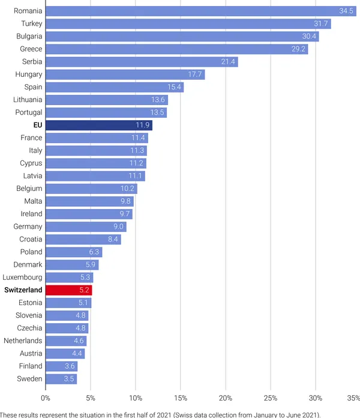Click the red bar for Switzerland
coord(68,290)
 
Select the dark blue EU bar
coord(99,126)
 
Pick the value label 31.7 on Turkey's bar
coord(321,24)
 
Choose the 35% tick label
coord(353,398)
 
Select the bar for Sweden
coord(61,379)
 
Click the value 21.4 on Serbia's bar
coord(229,62)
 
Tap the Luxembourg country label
coord(23,277)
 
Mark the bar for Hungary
coord(125,74)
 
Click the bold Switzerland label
coord(23,290)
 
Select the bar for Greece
coord(176,49)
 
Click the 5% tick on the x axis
coord(91,398)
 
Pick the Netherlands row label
coord(23,341)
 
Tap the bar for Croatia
coord(83,240)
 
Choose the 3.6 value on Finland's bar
coord(70,366)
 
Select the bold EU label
coord(37,126)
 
